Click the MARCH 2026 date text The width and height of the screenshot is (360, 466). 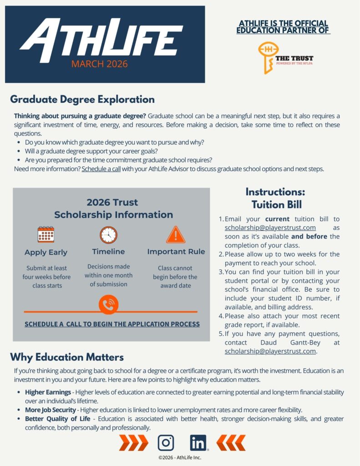coord(99,64)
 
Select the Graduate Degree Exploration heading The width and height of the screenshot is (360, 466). coord(82,99)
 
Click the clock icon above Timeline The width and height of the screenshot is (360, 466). coord(108,235)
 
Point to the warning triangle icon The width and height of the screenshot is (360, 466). coord(176,234)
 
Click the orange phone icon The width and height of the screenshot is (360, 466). coord(108,305)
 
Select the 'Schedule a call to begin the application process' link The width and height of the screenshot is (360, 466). coord(112,324)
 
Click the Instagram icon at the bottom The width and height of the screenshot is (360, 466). coord(166,442)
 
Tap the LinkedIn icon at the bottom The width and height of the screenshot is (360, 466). coord(198,442)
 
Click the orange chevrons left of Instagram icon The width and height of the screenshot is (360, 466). coord(133,442)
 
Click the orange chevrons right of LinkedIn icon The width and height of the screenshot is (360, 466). coord(231,442)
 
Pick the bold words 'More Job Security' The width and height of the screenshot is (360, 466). coord(51,410)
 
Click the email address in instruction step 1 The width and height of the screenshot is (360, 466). coord(270,228)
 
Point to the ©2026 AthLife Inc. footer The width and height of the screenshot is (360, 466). coord(180,457)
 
